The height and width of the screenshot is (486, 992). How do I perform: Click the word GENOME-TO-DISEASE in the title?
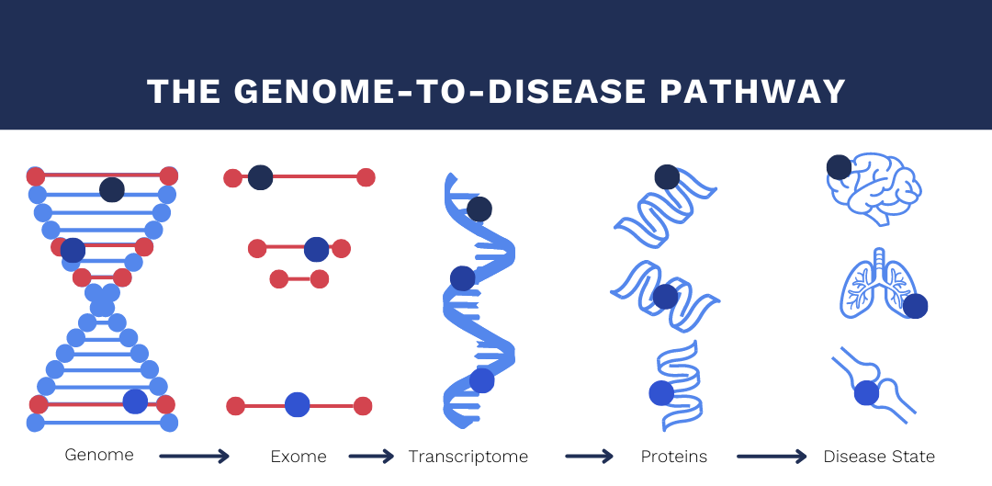[x=440, y=92]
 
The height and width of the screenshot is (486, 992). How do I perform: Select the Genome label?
[x=99, y=455]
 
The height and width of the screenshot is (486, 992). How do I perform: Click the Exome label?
[x=299, y=457]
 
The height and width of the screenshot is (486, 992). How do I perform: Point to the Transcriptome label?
[x=468, y=457]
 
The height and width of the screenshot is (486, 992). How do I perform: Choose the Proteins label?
[x=674, y=457]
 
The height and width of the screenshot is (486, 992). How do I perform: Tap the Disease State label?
[x=879, y=457]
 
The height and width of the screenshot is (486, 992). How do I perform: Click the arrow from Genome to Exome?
[x=194, y=456]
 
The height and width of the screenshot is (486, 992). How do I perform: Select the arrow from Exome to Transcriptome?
[x=371, y=456]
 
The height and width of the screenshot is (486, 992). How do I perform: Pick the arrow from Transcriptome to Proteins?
[x=589, y=456]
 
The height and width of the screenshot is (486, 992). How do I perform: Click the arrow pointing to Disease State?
[x=772, y=456]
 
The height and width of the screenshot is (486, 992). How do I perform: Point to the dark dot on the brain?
[x=839, y=168]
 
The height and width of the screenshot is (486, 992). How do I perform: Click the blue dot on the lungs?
[x=915, y=306]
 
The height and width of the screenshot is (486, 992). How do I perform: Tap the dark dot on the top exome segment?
[x=260, y=178]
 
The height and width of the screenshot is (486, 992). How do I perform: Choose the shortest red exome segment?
[x=299, y=279]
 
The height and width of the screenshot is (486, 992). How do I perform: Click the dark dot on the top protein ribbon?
[x=667, y=177]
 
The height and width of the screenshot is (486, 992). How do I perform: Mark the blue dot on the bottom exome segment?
[x=298, y=405]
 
